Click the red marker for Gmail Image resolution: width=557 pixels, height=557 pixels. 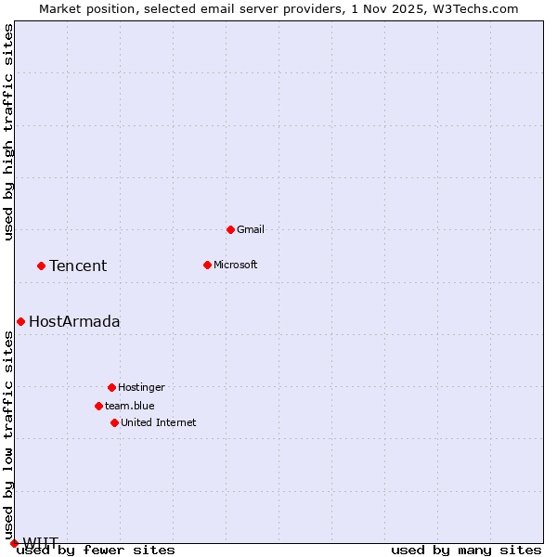point(230,229)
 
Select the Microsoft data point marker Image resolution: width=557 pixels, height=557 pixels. point(207,265)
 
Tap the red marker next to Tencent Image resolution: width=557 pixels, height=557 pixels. point(41,266)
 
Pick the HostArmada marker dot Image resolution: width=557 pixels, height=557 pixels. point(20,321)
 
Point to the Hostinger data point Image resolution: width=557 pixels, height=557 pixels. point(111,387)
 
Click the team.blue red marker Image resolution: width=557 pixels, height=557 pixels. point(98,406)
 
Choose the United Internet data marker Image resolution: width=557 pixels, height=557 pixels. point(114,422)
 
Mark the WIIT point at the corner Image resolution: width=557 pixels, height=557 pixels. point(14,543)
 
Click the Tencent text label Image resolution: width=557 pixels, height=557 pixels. point(78,266)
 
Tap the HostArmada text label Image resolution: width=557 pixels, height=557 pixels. point(74,322)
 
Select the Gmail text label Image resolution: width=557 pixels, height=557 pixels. point(251,229)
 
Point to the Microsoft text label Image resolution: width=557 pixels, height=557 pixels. point(236,265)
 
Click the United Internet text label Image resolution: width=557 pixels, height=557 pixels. point(159,422)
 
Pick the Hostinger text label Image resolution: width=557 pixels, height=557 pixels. point(141,387)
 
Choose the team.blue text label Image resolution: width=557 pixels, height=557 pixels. point(130,406)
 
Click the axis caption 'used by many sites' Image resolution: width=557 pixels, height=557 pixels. point(466,551)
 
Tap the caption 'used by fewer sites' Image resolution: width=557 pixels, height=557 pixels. point(97,551)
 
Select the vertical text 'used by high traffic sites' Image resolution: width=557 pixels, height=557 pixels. point(9,132)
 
